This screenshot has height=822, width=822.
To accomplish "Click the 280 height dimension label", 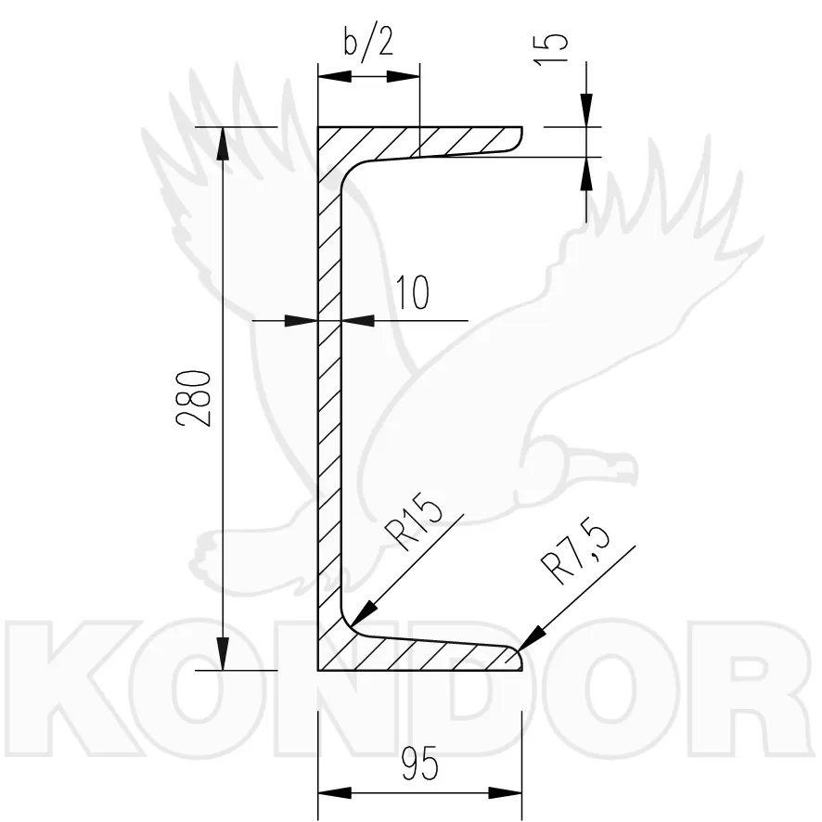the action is coord(194,398).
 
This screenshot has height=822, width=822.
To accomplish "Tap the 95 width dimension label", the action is coord(419,764).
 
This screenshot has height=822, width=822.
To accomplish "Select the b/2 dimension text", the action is coord(368,41).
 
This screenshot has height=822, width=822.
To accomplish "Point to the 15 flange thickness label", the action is coord(550,49).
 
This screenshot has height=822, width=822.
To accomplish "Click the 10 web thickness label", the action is coord(412,292).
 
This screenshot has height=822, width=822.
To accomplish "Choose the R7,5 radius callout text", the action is coord(575,553).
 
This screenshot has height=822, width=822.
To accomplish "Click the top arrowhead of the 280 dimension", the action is coord(224,143).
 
